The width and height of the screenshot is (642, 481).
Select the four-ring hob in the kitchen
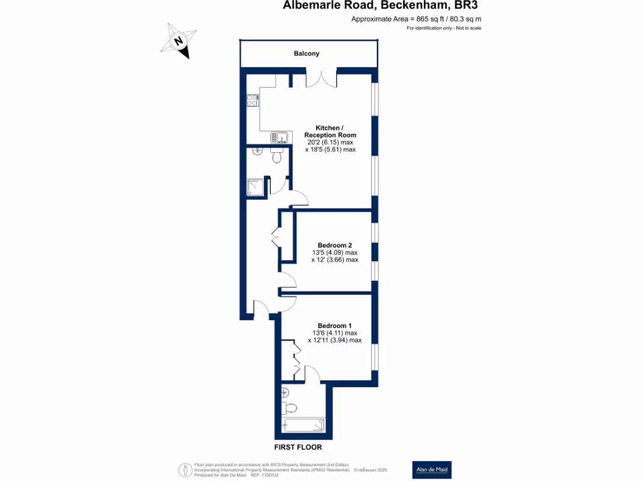coord(252,100)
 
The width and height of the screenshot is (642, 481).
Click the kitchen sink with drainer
coord(279,137)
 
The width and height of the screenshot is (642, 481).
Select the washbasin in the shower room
coord(258,151)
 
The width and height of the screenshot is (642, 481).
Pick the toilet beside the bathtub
coord(290,408)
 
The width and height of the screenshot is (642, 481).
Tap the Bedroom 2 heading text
coord(335,244)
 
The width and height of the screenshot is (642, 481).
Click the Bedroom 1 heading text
coord(335,326)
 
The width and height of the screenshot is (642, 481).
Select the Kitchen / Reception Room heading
coord(330,132)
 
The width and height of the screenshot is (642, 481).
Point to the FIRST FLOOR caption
coord(298,447)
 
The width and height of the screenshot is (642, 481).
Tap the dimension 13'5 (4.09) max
coord(335,252)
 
